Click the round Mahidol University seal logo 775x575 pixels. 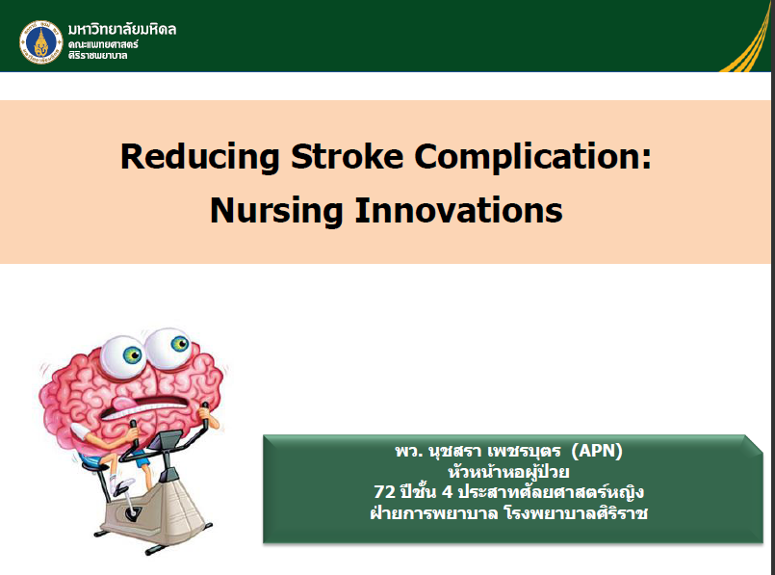(41, 42)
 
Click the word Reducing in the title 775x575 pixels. (200, 157)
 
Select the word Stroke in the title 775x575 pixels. (347, 156)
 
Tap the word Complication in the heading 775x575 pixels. (528, 157)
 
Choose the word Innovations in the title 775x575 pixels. (458, 210)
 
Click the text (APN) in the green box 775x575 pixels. (597, 451)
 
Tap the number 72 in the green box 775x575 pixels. (384, 492)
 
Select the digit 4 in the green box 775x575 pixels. (447, 492)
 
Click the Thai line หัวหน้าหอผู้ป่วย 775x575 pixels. (508, 471)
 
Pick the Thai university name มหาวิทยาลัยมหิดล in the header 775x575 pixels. (122, 29)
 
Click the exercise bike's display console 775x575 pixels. (168, 439)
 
